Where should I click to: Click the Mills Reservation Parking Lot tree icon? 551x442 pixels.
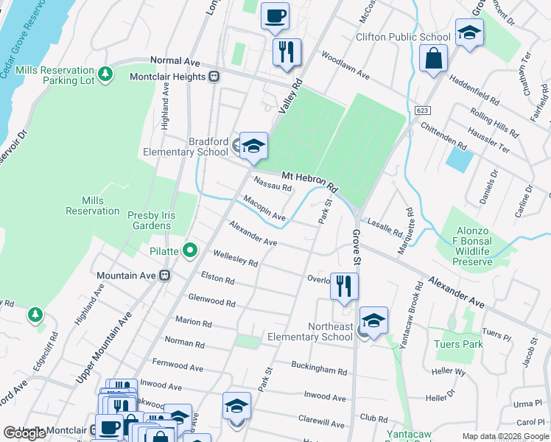(x=105, y=74)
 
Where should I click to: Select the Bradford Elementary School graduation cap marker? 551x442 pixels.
(x=253, y=145)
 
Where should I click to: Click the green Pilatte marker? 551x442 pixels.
(x=190, y=251)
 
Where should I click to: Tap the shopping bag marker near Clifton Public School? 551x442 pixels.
(x=433, y=57)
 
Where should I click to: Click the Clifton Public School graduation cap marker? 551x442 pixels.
(x=468, y=33)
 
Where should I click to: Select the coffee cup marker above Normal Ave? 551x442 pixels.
(x=275, y=15)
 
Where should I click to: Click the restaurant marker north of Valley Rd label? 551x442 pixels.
(x=287, y=52)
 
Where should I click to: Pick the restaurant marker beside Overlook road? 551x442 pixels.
(x=344, y=286)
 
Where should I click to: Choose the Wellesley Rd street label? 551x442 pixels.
(x=235, y=258)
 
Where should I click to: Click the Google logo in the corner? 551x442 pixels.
(x=25, y=433)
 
